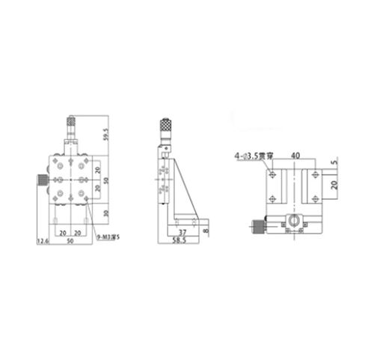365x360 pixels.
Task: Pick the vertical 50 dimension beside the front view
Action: click(106, 181)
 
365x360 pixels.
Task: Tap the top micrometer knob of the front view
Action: click(72, 120)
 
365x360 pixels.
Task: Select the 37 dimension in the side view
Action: click(182, 233)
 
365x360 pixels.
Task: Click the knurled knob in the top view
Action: click(257, 226)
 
